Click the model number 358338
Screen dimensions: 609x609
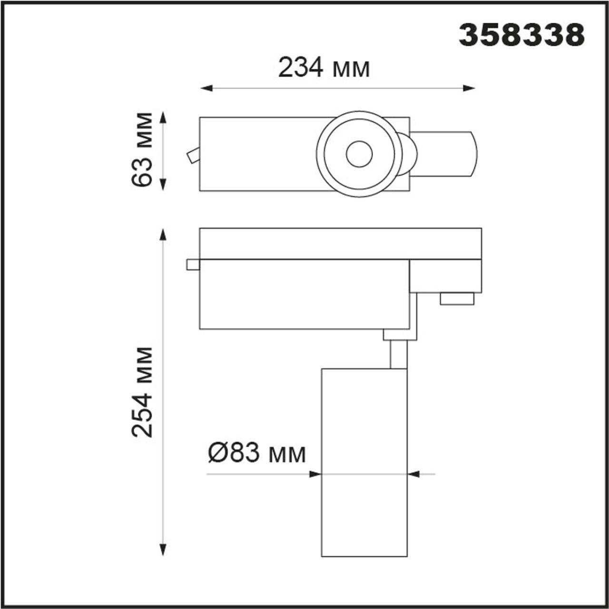pos(521,36)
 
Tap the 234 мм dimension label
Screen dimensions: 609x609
pos(324,67)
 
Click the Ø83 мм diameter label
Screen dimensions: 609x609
pos(257,453)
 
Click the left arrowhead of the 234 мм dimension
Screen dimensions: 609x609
pos(206,88)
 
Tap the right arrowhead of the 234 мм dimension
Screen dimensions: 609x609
pos(469,88)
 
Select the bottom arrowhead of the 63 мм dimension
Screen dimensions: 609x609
pos(163,185)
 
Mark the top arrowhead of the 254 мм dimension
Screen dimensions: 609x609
pos(163,235)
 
